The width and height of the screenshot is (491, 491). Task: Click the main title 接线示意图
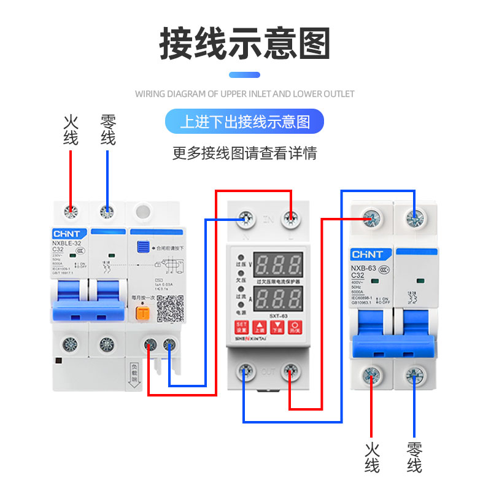[x=245, y=44]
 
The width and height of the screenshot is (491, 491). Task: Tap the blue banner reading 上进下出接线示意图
[x=245, y=122]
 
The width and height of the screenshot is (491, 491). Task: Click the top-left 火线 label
[x=71, y=130]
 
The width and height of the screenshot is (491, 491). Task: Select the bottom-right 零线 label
[x=414, y=457]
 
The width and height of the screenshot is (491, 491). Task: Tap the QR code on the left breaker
[x=170, y=309]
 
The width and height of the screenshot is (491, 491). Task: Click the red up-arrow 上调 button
[x=260, y=327]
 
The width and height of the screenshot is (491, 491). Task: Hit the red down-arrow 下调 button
[x=278, y=327]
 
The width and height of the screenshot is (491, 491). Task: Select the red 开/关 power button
[x=296, y=327]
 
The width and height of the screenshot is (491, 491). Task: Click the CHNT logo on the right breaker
[x=367, y=254]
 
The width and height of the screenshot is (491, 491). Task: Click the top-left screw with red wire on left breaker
[x=71, y=212]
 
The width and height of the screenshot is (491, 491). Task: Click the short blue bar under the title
[x=245, y=75]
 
